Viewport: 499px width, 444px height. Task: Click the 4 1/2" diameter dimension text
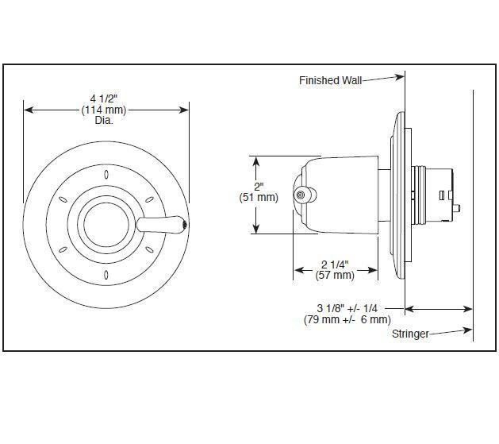(x=106, y=98)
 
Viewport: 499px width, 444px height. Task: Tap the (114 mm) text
(x=106, y=110)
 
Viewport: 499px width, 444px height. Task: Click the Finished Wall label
(x=330, y=80)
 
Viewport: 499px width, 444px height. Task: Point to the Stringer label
(x=410, y=334)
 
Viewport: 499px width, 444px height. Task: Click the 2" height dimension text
(x=258, y=186)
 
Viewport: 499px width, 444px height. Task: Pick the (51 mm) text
(x=259, y=197)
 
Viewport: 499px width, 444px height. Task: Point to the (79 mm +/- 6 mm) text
(x=347, y=319)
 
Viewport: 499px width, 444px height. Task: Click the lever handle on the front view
(x=163, y=224)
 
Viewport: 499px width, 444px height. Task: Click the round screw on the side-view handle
(x=301, y=195)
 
